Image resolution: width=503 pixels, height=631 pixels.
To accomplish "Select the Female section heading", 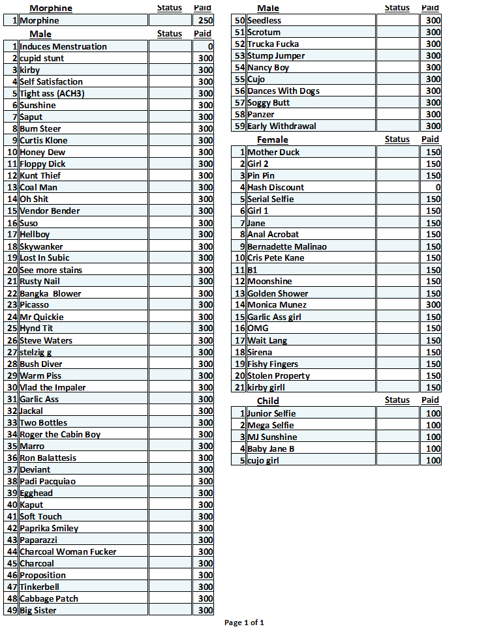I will point(272,139).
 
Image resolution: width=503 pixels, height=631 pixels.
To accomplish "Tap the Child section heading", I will point(268,401).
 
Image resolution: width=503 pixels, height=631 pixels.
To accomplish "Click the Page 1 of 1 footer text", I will point(244,623).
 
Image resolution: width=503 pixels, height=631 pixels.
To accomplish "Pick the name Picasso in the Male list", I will point(34,305).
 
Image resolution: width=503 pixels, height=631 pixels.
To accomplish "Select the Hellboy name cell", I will point(35,235).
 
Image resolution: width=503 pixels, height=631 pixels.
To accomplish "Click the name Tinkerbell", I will point(39,587).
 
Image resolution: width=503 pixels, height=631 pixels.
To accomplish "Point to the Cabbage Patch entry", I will point(49,598).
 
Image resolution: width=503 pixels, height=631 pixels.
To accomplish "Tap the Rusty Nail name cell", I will point(39,282).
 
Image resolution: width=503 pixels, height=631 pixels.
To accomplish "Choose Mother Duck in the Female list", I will point(273,153).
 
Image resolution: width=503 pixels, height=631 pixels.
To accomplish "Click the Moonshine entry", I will point(269,282).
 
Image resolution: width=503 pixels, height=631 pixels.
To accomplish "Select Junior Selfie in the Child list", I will point(271,413).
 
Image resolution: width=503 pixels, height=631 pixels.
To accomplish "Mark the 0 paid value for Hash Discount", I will point(438,188).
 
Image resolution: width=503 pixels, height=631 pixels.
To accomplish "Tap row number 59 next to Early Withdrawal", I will point(239,126).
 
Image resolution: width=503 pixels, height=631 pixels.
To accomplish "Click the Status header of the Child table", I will point(397,400).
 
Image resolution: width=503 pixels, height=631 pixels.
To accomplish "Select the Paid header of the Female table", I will point(430,139).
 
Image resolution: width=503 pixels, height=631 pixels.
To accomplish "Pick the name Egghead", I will point(36,493).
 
